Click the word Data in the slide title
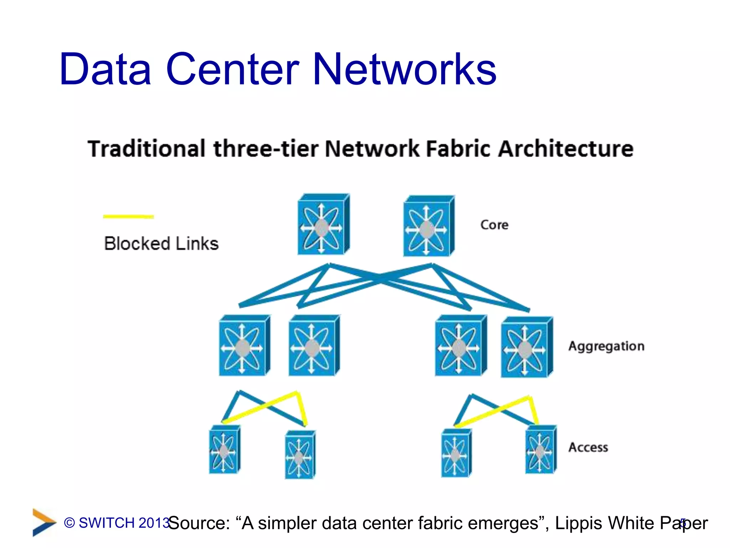tap(105, 69)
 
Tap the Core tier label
tap(494, 225)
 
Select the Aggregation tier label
tap(606, 346)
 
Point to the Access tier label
tap(588, 447)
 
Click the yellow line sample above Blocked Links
tap(128, 216)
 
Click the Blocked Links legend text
tap(161, 244)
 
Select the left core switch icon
tap(323, 225)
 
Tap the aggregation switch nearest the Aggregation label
tap(526, 347)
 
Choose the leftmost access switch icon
tap(224, 450)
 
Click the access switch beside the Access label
tap(540, 450)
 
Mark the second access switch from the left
tap(300, 455)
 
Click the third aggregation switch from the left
tap(460, 346)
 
